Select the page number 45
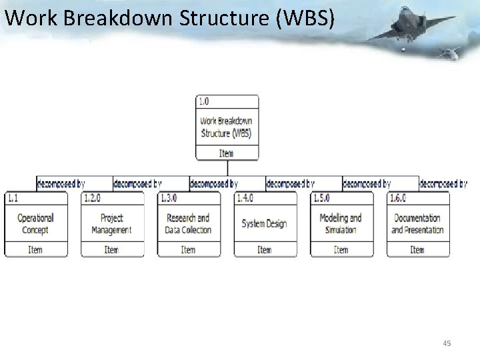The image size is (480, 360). [x=447, y=343]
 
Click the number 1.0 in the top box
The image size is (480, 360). [x=203, y=101]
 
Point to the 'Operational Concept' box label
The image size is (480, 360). [x=35, y=224]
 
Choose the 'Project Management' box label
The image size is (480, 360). [x=111, y=224]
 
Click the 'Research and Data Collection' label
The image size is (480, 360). [x=188, y=224]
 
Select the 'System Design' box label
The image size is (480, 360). [x=264, y=224]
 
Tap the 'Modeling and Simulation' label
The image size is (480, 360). [x=341, y=224]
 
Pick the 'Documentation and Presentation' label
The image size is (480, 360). [x=417, y=224]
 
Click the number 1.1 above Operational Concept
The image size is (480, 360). [x=13, y=198]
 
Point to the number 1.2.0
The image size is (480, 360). [x=92, y=198]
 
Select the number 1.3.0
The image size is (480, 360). [x=169, y=198]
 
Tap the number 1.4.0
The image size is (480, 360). [x=245, y=198]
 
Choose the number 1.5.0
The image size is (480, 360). [x=321, y=198]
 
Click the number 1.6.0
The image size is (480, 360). [x=398, y=198]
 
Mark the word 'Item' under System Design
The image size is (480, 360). [x=265, y=250]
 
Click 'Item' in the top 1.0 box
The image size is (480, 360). [x=227, y=153]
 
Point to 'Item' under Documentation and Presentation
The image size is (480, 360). [x=417, y=250]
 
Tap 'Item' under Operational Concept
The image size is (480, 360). [x=35, y=250]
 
